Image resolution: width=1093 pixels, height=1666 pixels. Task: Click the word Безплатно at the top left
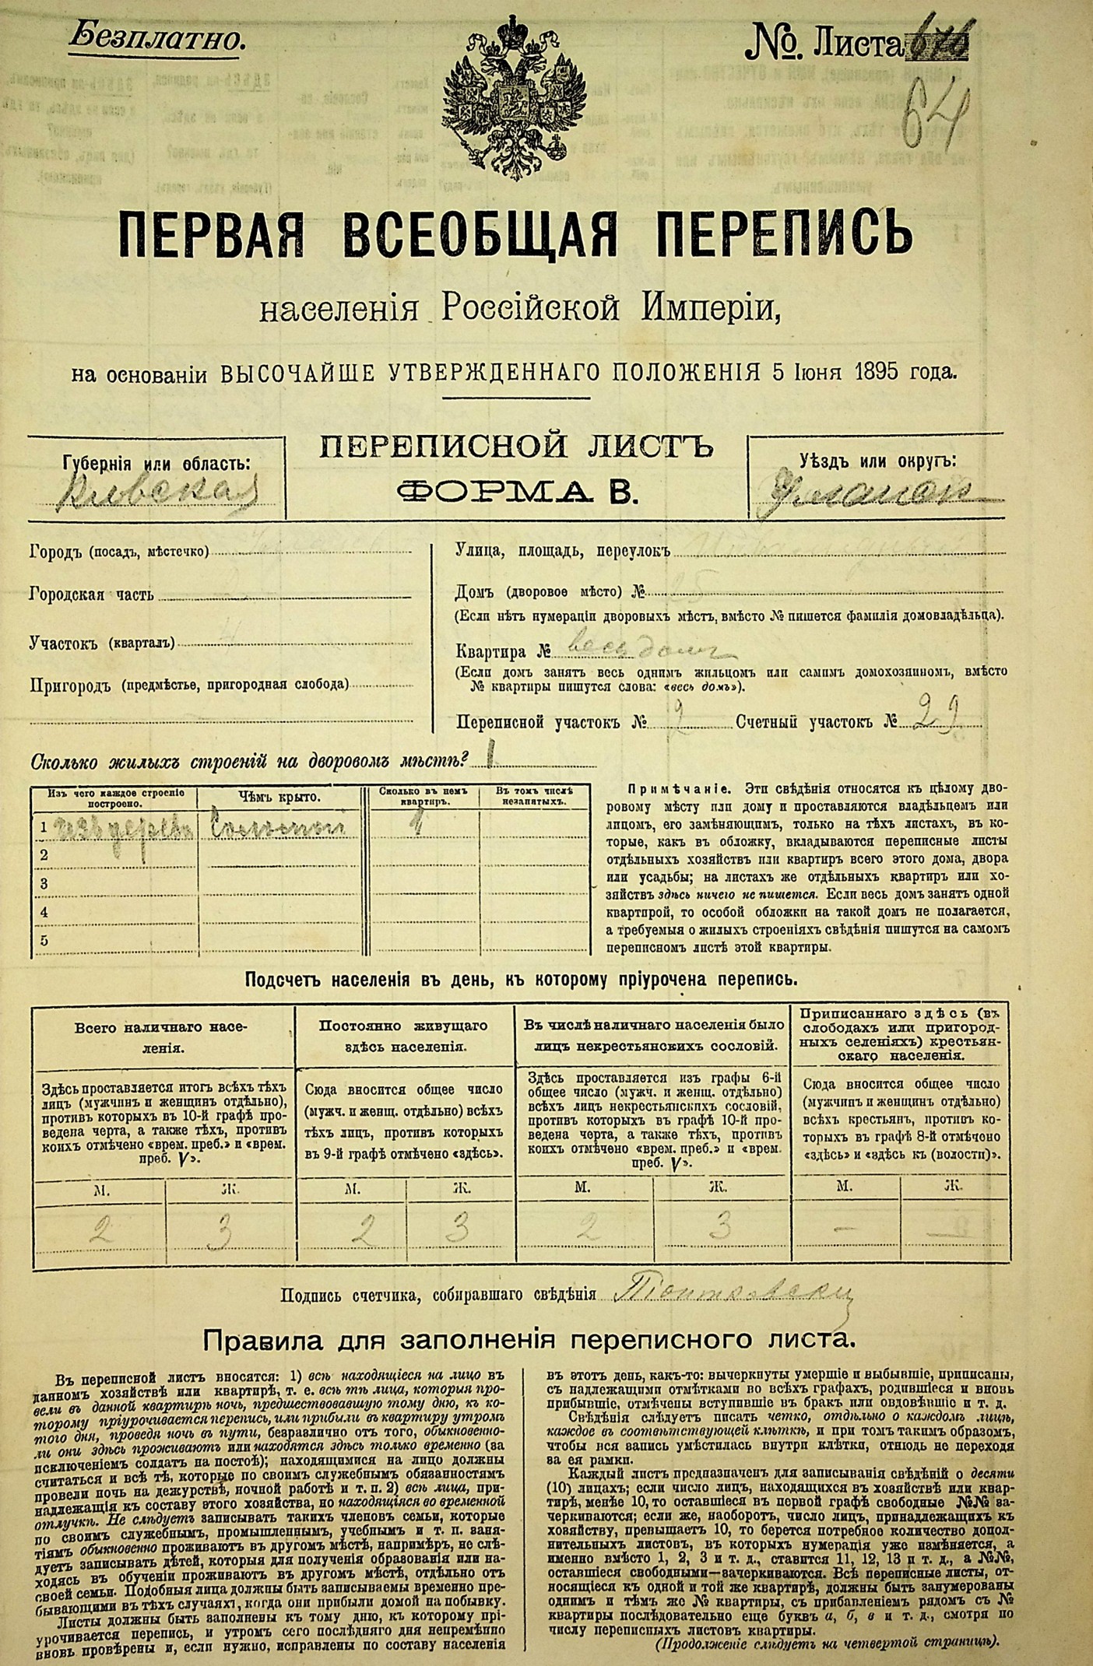[156, 38]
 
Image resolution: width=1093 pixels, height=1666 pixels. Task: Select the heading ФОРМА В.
[515, 491]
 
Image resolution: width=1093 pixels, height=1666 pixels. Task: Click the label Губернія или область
[156, 464]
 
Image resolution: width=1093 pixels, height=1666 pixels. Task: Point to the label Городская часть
[91, 595]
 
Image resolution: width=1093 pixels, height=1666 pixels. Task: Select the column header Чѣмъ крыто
[279, 798]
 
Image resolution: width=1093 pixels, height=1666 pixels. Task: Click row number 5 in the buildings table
[44, 940]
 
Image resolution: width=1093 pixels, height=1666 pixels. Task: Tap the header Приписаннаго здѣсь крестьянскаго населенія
[901, 1034]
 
